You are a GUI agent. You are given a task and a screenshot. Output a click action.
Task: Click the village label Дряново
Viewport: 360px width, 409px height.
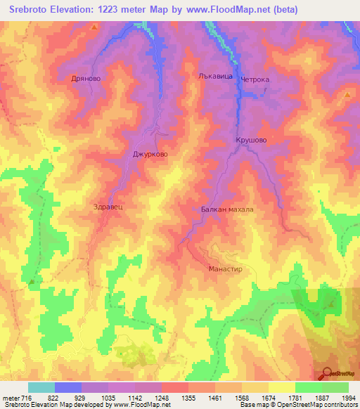(x=88, y=79)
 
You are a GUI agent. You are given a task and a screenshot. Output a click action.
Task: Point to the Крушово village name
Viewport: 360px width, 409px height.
(x=251, y=141)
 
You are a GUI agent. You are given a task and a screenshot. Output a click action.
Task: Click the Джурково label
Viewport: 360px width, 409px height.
(x=151, y=154)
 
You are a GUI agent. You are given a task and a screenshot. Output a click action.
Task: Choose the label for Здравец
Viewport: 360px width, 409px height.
(x=108, y=207)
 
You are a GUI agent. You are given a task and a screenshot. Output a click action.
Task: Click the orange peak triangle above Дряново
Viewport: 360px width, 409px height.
(x=94, y=27)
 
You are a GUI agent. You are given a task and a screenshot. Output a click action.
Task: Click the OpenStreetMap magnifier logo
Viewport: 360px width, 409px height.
(x=326, y=372)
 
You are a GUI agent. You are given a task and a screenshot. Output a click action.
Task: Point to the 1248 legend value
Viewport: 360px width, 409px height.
(x=174, y=398)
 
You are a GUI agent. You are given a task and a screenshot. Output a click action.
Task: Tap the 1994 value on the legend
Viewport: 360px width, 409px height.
(x=348, y=398)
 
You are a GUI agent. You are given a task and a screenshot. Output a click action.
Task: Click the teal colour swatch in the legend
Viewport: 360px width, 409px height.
(x=41, y=387)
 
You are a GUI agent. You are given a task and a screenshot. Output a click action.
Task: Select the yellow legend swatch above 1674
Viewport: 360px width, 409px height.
(x=281, y=387)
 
